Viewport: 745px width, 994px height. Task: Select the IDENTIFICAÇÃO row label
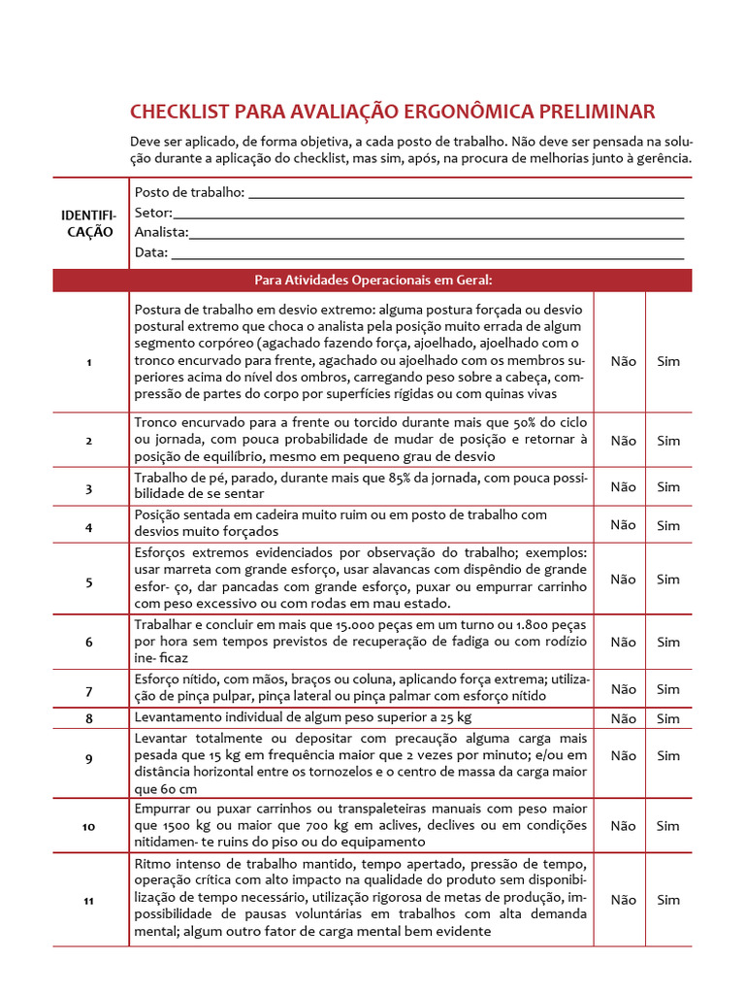click(x=88, y=222)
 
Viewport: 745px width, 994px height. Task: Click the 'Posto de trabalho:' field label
click(x=189, y=192)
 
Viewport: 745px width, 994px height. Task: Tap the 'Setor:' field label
click(x=153, y=213)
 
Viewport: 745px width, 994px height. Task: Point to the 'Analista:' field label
click(x=161, y=233)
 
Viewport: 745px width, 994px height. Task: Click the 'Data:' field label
click(x=150, y=253)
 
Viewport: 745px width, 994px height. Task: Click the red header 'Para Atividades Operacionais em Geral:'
click(x=373, y=281)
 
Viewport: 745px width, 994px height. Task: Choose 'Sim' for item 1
click(x=668, y=361)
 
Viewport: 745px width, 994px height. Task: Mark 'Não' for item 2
click(x=624, y=441)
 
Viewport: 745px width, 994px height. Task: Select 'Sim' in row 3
click(x=668, y=487)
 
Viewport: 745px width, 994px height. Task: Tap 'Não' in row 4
click(x=624, y=525)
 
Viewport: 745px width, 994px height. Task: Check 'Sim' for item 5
click(x=668, y=580)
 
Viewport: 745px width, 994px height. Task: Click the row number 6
click(x=88, y=643)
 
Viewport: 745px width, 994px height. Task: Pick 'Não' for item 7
click(x=624, y=689)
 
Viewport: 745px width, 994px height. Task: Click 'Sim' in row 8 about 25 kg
click(x=668, y=719)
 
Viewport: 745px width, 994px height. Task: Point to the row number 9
click(x=88, y=759)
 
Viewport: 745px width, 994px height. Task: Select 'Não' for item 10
click(x=624, y=826)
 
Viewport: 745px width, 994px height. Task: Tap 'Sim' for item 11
click(x=668, y=900)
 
